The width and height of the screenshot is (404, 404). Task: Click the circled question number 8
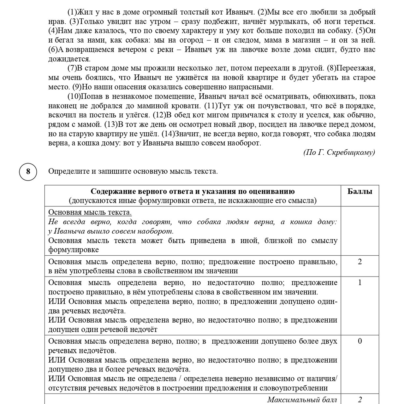coord(28,171)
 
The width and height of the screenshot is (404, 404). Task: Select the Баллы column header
coord(359,191)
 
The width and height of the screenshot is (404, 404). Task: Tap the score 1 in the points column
coord(359,282)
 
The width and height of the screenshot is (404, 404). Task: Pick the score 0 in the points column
coord(359,341)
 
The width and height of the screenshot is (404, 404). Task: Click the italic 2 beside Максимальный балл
coord(359,400)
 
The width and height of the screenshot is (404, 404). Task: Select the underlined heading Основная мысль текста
coord(90,212)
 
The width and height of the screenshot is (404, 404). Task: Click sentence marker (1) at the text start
coord(72,12)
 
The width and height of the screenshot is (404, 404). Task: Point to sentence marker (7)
coord(72,68)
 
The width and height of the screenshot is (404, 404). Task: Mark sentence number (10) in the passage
coord(74,97)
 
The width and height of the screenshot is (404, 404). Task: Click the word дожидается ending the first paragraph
coord(69,59)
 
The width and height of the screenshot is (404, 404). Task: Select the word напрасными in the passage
coord(252,87)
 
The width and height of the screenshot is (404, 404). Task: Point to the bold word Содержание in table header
coord(111,191)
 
